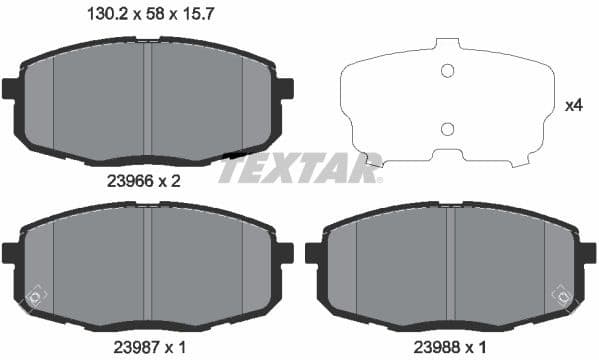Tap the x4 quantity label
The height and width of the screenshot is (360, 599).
[574, 105]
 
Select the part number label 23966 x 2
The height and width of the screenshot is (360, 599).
[143, 182]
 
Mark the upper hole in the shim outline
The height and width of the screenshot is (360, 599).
[448, 70]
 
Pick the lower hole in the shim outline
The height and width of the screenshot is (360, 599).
[448, 128]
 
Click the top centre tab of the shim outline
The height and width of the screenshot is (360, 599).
[447, 45]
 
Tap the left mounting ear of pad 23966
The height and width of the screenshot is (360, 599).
[11, 88]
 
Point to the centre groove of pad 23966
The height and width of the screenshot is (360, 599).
[147, 100]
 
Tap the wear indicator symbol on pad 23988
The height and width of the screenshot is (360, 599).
[562, 296]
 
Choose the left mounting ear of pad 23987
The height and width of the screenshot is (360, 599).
[11, 253]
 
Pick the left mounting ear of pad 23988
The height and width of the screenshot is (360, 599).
[313, 253]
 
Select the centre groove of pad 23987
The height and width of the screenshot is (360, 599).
[147, 265]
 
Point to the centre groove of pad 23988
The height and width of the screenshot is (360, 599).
[450, 265]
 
